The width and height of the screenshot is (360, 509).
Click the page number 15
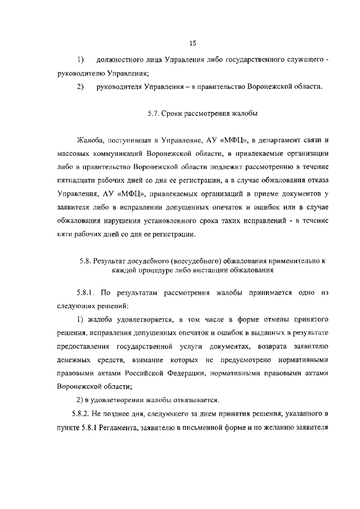pos(192,43)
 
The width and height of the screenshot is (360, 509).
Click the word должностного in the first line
pos(121,60)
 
